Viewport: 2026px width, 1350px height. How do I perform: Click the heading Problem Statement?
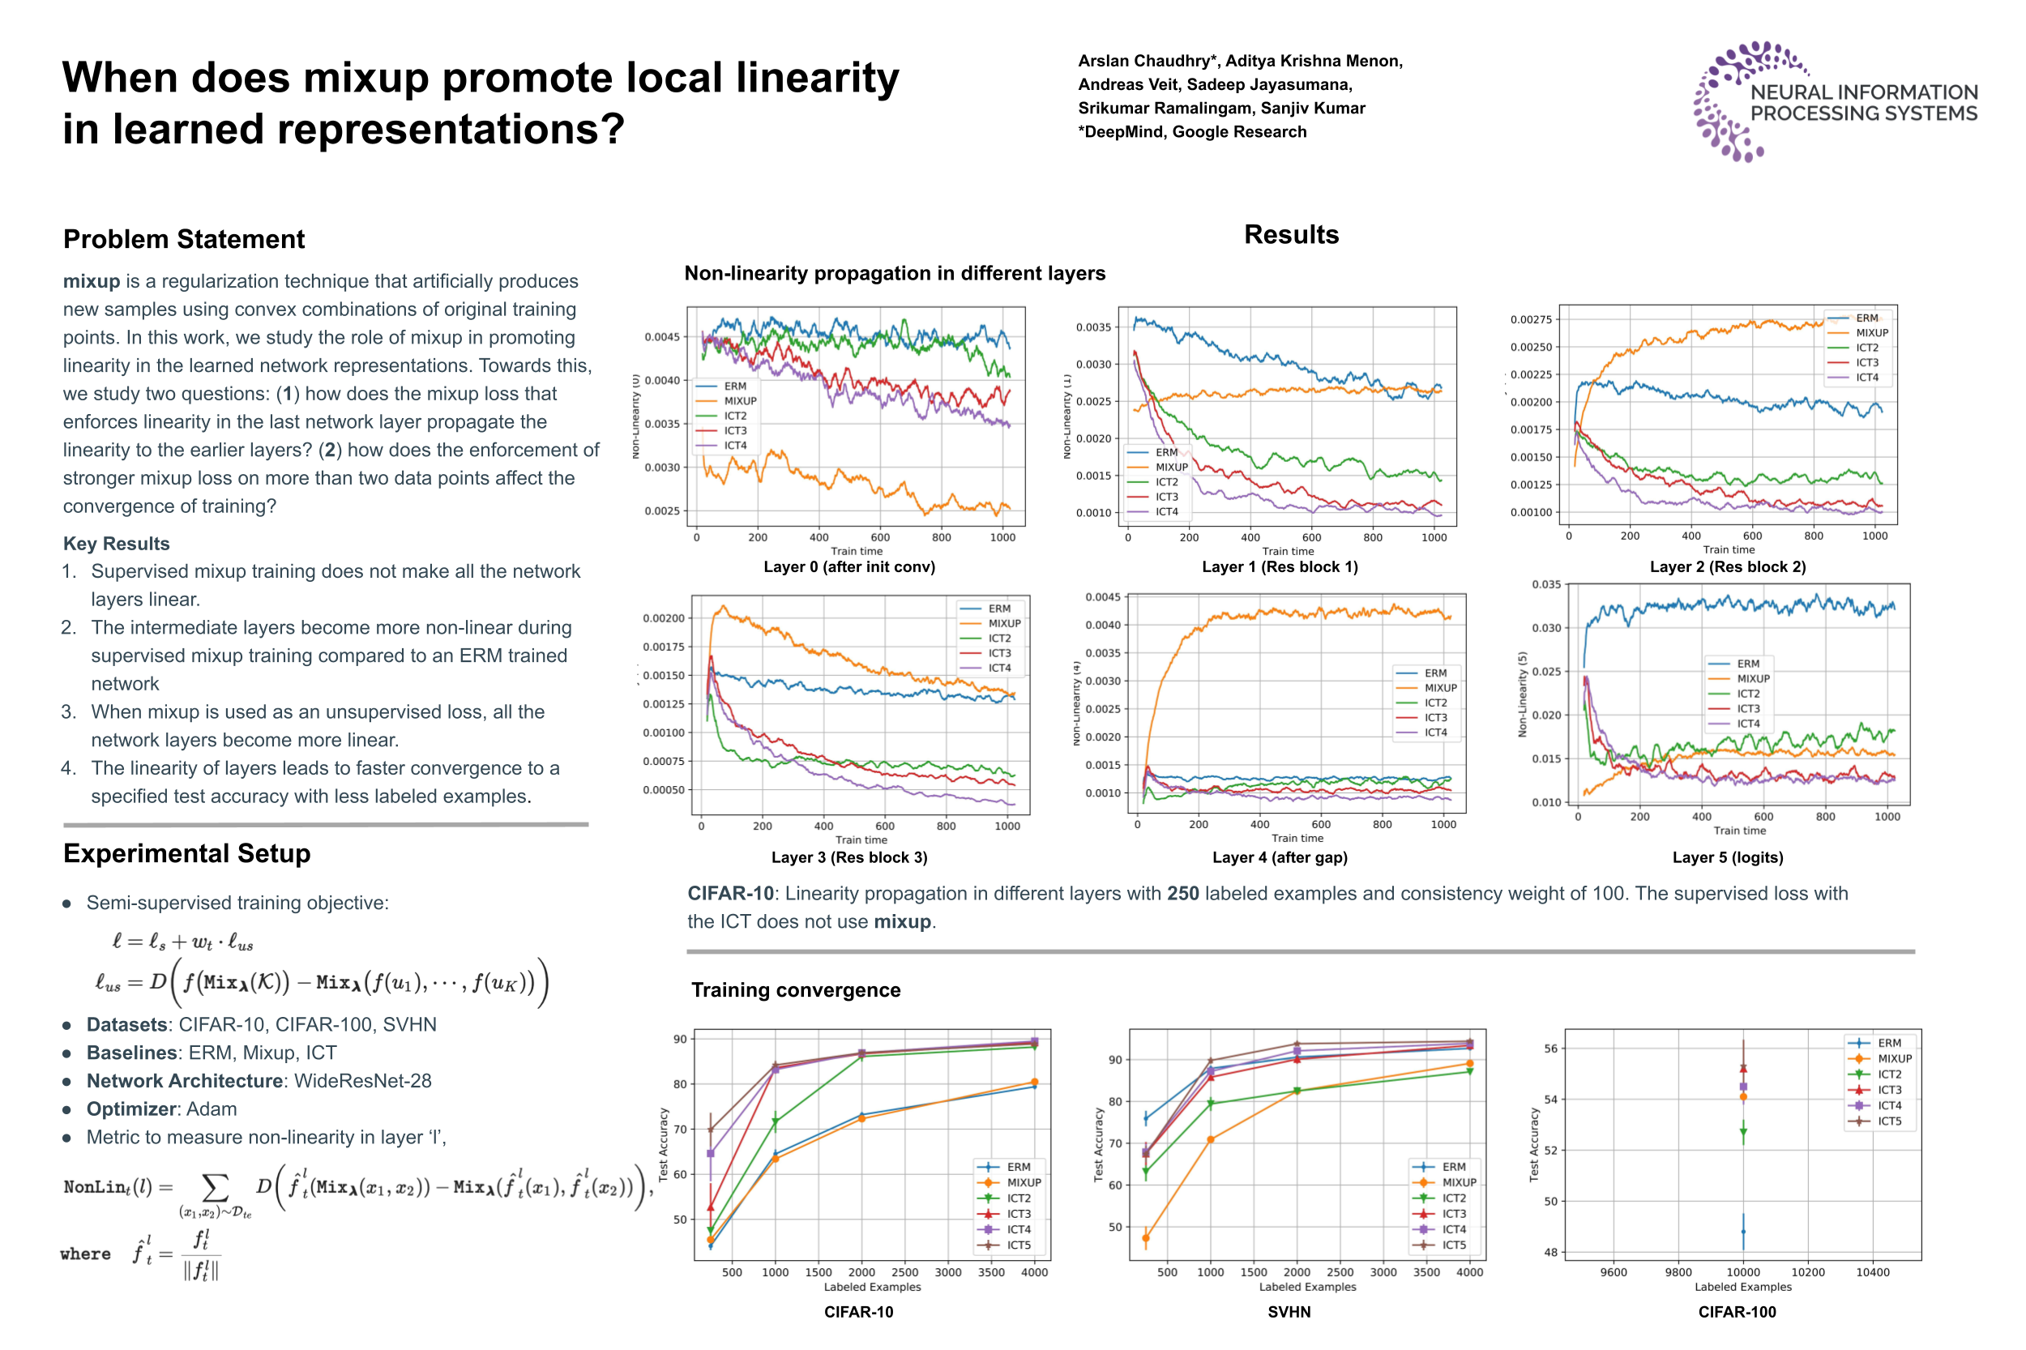(183, 238)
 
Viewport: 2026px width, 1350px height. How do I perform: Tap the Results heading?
(1290, 234)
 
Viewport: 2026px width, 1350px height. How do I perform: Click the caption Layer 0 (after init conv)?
(848, 566)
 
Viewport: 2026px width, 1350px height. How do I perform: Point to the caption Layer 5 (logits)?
(1726, 857)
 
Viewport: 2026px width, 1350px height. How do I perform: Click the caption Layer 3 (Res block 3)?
(848, 857)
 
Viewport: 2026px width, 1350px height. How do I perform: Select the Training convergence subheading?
(795, 989)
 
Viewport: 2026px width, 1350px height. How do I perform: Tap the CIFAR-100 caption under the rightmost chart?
(1736, 1311)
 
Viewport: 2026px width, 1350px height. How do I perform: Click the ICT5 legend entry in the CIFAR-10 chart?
(1019, 1244)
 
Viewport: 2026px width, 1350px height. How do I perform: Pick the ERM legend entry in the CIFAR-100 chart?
(1889, 1043)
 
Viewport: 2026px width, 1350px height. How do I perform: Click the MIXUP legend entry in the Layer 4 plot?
(1439, 688)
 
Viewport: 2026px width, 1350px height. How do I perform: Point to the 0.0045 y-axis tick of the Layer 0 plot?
(661, 336)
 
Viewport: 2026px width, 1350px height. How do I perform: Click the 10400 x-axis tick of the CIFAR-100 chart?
(1872, 1271)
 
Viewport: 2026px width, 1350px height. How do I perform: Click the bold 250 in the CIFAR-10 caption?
(1182, 893)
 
